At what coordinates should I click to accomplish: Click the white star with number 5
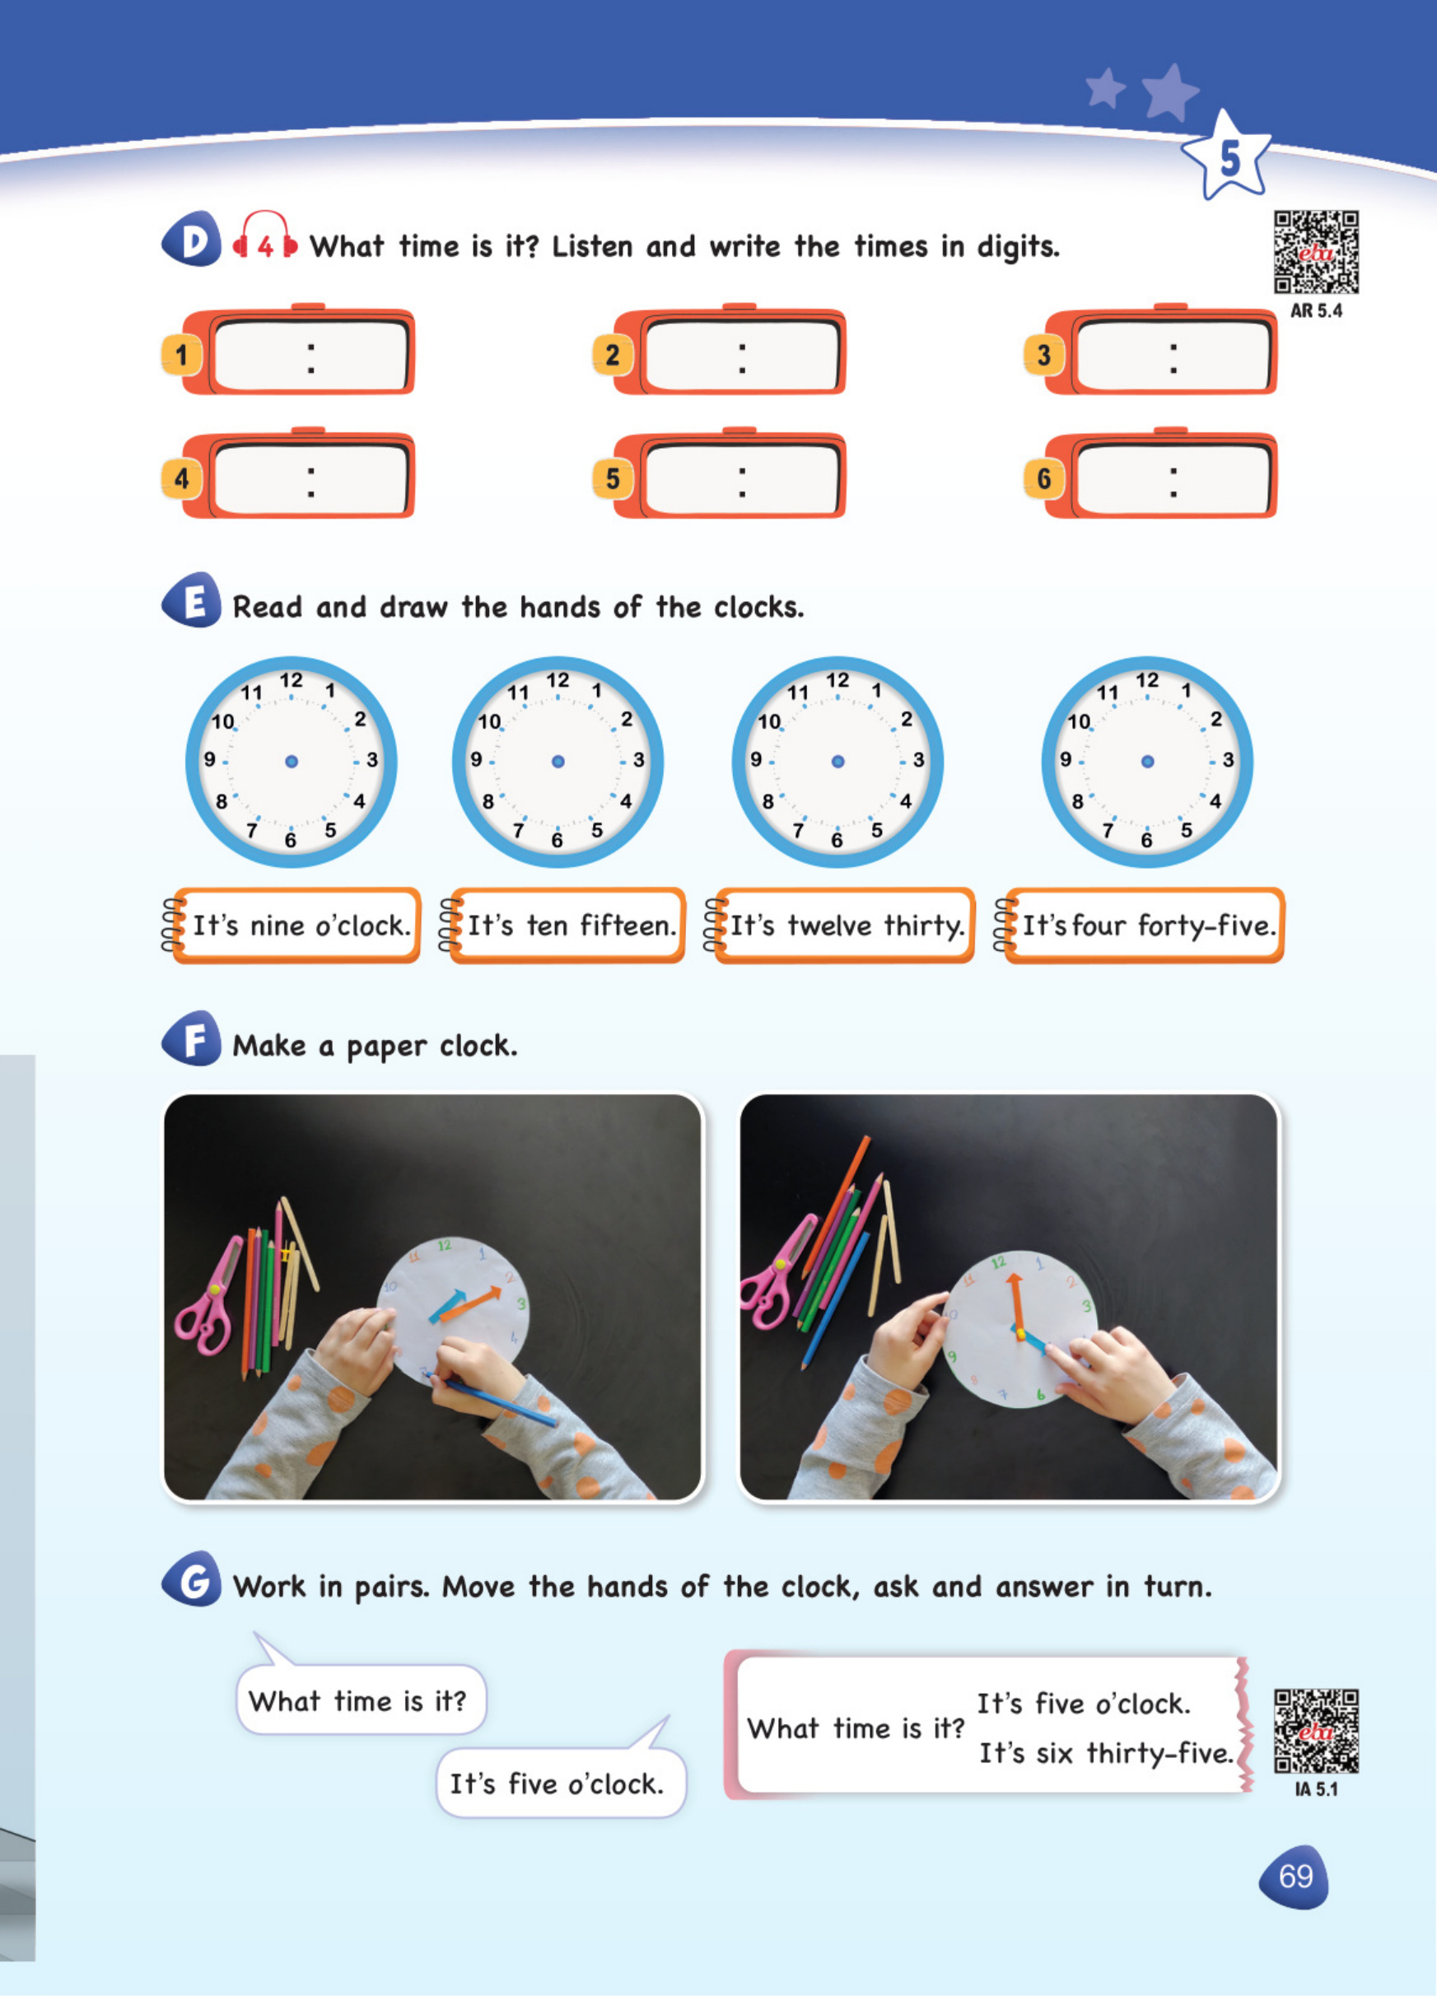point(1227,156)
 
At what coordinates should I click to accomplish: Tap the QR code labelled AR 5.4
point(1317,252)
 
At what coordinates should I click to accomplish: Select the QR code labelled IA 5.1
point(1317,1730)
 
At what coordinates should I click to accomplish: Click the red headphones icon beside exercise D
point(265,236)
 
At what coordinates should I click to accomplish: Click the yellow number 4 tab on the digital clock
point(181,478)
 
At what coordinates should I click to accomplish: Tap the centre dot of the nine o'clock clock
point(292,761)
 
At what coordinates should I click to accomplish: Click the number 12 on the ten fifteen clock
point(558,680)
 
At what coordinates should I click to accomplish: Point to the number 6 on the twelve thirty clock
point(837,841)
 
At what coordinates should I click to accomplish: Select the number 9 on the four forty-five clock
point(1066,758)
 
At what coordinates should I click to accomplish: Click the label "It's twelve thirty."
point(847,926)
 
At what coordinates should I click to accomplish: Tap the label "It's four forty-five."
point(1146,926)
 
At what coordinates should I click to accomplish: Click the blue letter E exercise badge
point(192,600)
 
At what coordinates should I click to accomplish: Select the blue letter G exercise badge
point(192,1579)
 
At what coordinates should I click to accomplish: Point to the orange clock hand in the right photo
point(1017,1305)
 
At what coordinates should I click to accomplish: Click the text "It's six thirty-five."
point(1106,1753)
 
